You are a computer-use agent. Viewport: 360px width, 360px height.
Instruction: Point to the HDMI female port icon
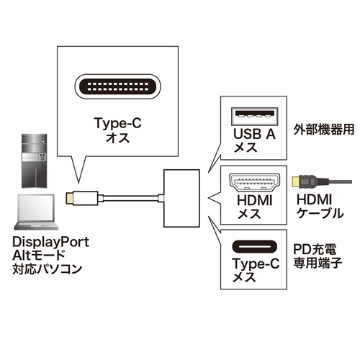click(x=251, y=181)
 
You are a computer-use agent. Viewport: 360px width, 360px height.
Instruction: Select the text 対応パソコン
click(x=48, y=271)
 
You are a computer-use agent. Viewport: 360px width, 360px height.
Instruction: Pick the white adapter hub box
click(x=184, y=195)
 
